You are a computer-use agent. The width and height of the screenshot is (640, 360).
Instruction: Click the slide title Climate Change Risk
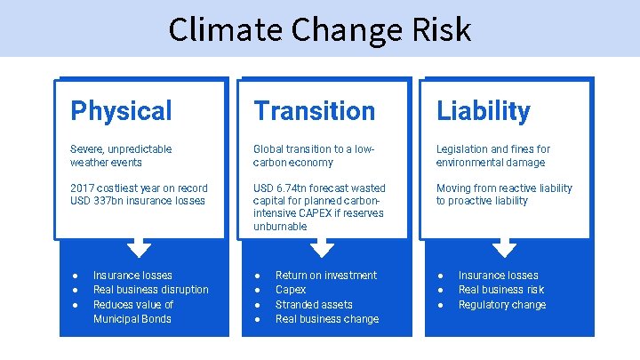(319, 29)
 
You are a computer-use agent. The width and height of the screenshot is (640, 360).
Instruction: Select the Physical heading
(121, 111)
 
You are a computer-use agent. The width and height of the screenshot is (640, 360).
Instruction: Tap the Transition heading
(314, 111)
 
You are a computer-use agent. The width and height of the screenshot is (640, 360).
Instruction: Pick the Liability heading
(483, 111)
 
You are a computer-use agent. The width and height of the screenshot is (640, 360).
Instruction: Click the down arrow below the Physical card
(140, 247)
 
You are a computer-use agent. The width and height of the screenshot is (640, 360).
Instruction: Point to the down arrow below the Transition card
(323, 247)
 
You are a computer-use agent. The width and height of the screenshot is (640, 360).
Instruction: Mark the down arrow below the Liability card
(505, 247)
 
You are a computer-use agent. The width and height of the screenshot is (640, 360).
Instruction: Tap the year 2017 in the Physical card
(82, 188)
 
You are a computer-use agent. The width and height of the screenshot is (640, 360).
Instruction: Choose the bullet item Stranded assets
(314, 305)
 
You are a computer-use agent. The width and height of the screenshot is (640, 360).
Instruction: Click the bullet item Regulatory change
(502, 305)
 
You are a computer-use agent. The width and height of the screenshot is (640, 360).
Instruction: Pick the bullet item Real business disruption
(151, 290)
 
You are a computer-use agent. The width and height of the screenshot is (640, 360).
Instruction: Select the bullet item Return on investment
(326, 276)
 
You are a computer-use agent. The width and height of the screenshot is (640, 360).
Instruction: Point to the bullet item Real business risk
(500, 290)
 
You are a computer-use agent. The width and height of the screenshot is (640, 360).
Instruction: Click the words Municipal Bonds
(132, 319)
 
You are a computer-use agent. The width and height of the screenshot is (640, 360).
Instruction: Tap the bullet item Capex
(291, 290)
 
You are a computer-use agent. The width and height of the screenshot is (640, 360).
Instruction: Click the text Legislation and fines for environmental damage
(492, 156)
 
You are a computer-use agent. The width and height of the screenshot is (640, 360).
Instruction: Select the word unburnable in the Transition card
(280, 227)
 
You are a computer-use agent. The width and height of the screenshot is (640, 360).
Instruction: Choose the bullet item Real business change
(327, 319)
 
